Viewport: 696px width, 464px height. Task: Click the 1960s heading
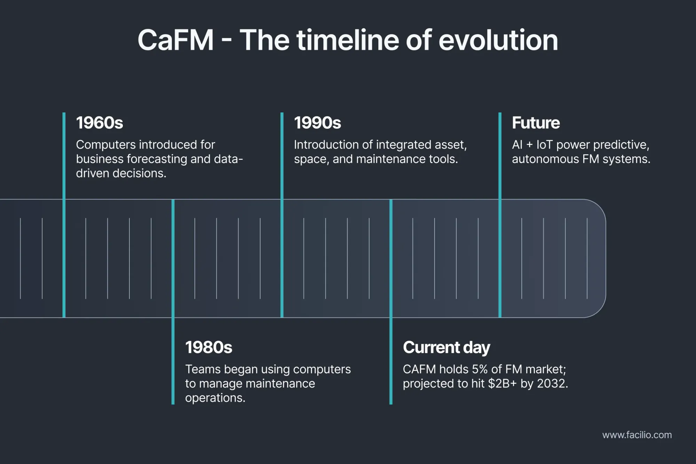tap(100, 123)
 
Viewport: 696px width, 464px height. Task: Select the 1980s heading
tap(208, 347)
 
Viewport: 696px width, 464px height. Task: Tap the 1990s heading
tap(317, 123)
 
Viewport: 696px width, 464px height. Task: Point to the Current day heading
tap(446, 347)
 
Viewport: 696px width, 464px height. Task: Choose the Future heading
tap(536, 123)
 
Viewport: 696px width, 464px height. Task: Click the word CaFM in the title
tap(175, 40)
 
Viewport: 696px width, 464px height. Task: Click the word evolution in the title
tap(498, 40)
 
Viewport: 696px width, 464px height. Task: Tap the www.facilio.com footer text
tap(637, 435)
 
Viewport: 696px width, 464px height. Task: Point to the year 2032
tap(552, 384)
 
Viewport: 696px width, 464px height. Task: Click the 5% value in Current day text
tap(480, 369)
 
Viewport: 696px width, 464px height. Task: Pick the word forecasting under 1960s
tap(157, 159)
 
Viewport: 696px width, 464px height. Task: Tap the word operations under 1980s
tap(215, 398)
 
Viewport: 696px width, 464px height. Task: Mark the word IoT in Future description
tap(545, 145)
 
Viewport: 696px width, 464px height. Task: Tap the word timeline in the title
tap(348, 40)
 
